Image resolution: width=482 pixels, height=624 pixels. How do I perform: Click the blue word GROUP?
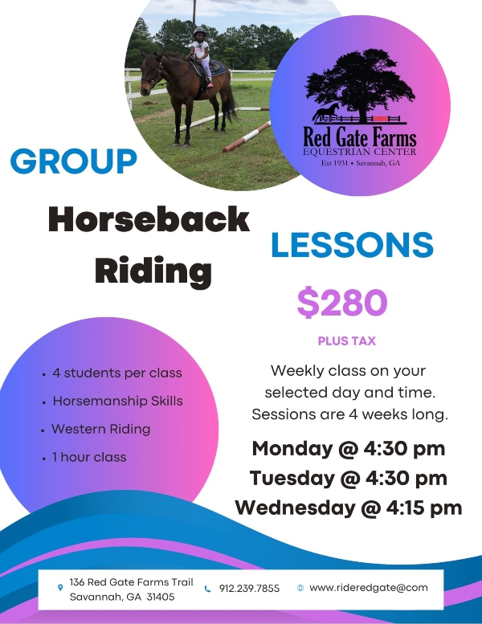coord(73,161)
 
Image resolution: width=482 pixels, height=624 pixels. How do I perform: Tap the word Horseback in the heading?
coord(149,219)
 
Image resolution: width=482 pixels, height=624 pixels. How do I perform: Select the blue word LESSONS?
coord(352,245)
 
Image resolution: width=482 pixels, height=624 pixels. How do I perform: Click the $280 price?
coord(342,303)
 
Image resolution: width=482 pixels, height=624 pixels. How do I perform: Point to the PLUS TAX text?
coord(347,341)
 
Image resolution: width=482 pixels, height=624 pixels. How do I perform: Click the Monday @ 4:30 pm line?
coord(349,448)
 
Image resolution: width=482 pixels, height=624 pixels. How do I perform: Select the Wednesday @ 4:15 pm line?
coord(349,508)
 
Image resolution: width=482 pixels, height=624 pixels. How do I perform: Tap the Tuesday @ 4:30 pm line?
coord(349,478)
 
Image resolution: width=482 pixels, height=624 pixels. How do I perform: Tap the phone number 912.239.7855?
coord(249,588)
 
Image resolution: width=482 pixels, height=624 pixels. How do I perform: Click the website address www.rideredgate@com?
coord(369,588)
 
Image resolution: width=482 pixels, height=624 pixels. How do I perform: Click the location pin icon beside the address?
coord(60,587)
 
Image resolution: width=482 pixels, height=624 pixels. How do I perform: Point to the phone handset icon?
coord(207,589)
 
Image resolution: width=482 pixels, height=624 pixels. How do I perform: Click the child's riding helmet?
coord(199,32)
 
